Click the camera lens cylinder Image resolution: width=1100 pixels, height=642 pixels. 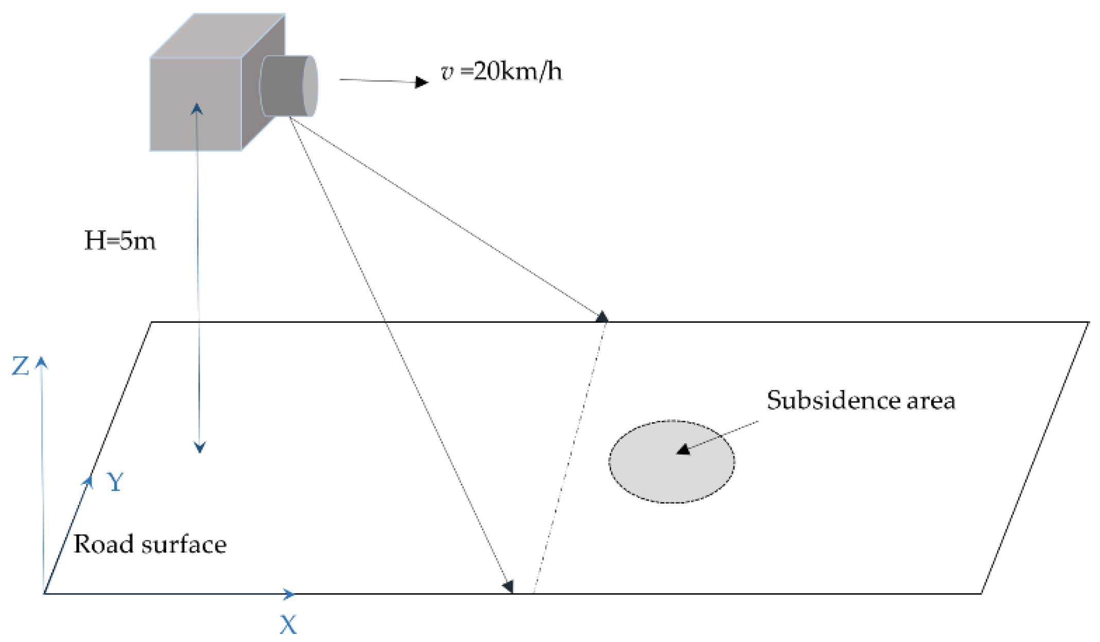288,85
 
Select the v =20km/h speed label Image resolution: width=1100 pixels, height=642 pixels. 501,72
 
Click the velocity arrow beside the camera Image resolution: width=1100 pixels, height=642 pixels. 383,81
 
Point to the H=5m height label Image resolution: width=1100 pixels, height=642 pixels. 120,241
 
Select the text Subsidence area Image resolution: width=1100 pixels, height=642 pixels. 861,401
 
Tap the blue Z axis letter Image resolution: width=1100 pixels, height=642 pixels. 21,367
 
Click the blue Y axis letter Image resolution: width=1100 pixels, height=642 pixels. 115,482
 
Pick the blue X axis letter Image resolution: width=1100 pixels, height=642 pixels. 288,624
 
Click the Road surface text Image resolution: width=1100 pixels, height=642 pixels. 150,544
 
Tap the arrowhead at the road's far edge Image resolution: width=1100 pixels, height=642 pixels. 602,317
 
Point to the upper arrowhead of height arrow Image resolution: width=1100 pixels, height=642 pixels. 197,108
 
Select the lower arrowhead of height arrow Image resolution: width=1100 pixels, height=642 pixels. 200,447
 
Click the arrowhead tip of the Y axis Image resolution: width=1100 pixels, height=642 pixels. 90,480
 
